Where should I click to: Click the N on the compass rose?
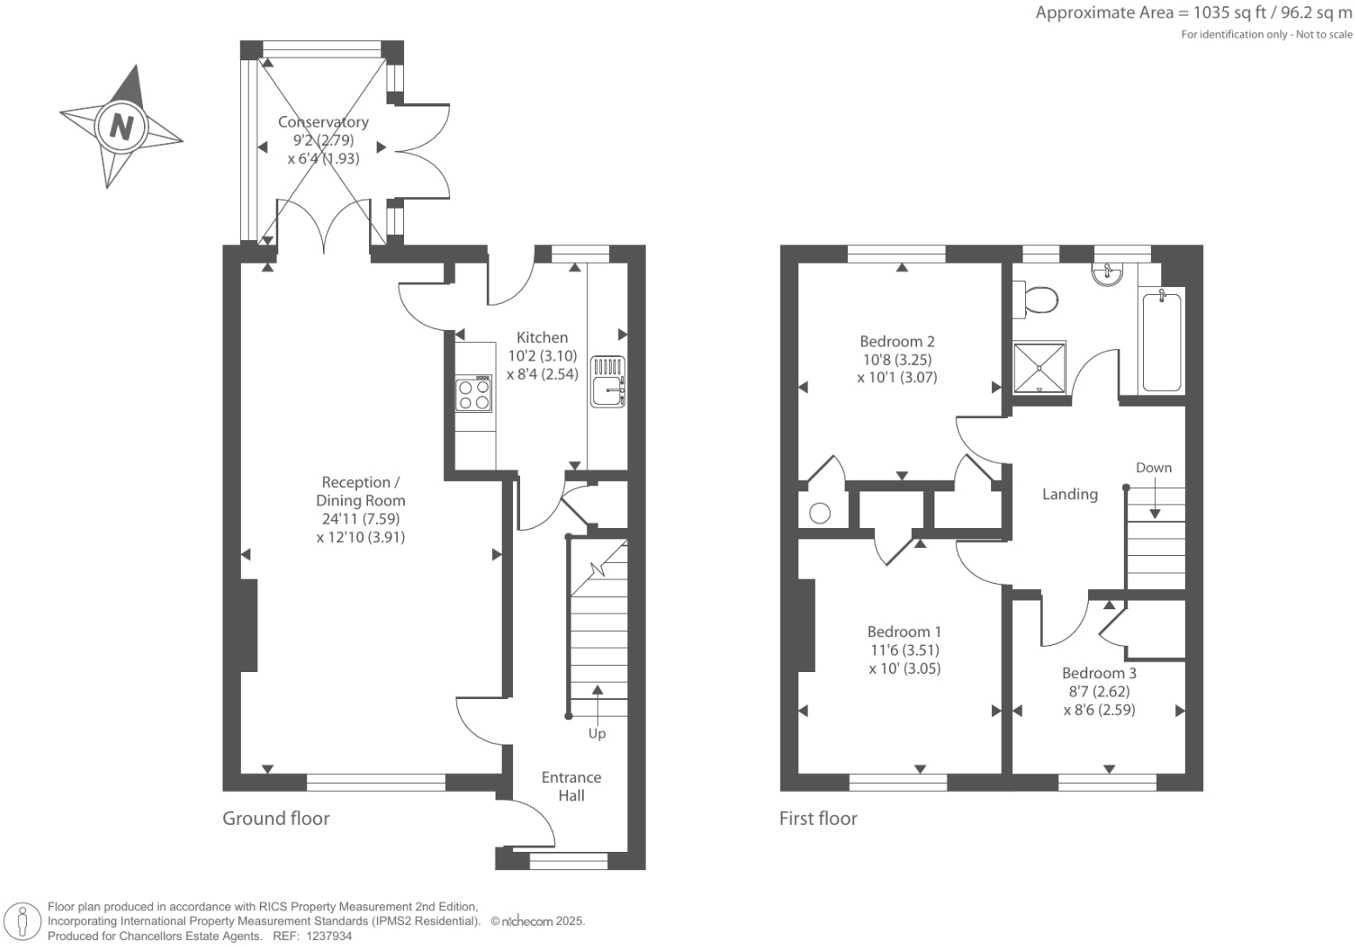pyautogui.click(x=121, y=127)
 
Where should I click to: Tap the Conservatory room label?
pyautogui.click(x=324, y=121)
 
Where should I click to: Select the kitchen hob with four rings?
pyautogui.click(x=475, y=394)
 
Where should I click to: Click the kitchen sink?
pyautogui.click(x=607, y=381)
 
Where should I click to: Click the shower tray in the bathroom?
pyautogui.click(x=1039, y=367)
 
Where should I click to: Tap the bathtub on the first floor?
pyautogui.click(x=1161, y=342)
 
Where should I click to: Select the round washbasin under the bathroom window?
pyautogui.click(x=1107, y=274)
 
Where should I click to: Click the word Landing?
pyautogui.click(x=1070, y=494)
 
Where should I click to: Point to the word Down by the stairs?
pyautogui.click(x=1153, y=468)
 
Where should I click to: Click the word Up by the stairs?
pyautogui.click(x=597, y=734)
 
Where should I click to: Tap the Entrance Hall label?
pyautogui.click(x=571, y=786)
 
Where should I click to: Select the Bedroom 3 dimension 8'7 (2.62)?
pyautogui.click(x=1099, y=691)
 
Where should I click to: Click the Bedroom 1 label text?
pyautogui.click(x=904, y=632)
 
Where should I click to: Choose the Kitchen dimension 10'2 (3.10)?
pyautogui.click(x=543, y=356)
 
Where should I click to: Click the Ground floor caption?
pyautogui.click(x=276, y=818)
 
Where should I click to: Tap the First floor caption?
pyautogui.click(x=818, y=818)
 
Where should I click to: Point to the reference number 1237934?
pyautogui.click(x=328, y=937)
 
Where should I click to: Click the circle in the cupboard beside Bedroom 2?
pyautogui.click(x=819, y=513)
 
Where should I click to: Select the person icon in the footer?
pyautogui.click(x=23, y=923)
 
